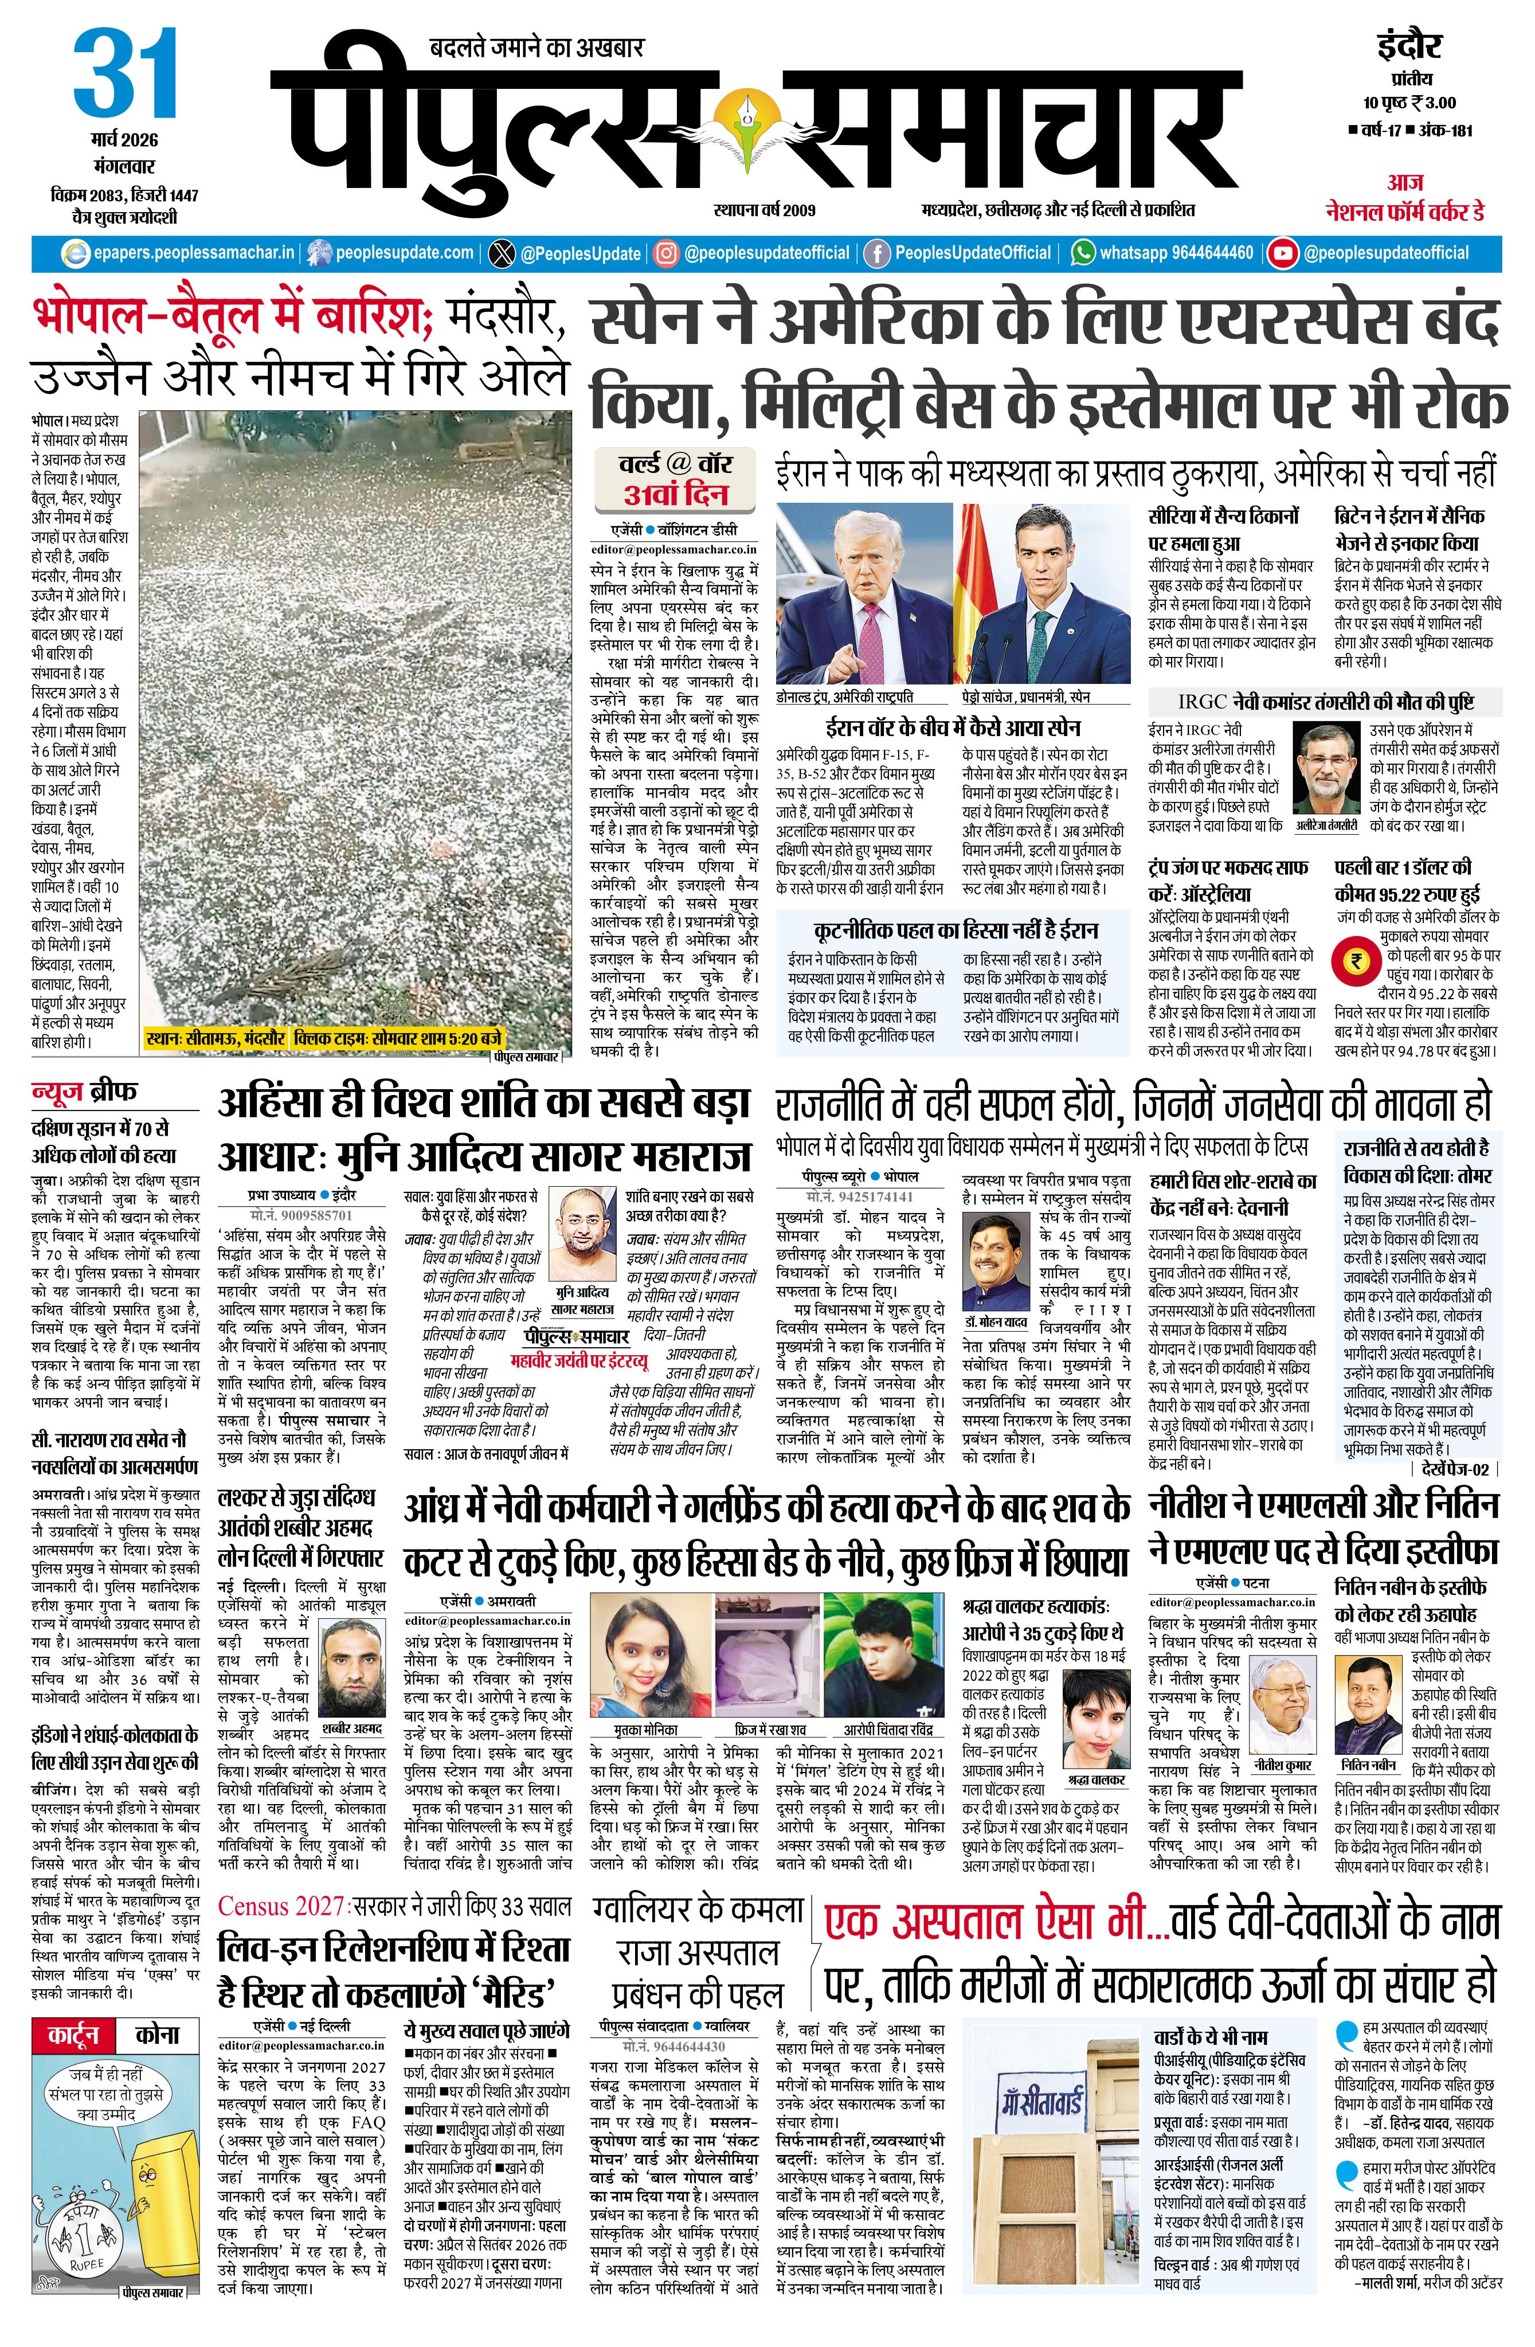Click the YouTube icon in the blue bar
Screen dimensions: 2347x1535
pos(1283,253)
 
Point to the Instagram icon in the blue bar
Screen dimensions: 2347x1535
pos(667,253)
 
